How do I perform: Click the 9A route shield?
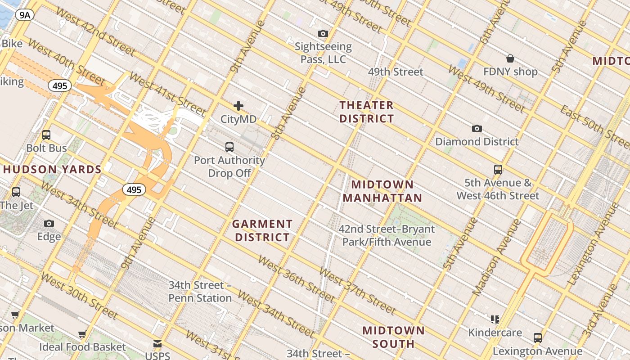pos(25,15)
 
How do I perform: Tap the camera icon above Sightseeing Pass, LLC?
pos(323,33)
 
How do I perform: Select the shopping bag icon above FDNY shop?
pos(510,58)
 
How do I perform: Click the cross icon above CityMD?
pos(238,106)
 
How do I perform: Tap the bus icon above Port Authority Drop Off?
pos(229,147)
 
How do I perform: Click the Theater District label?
pos(366,112)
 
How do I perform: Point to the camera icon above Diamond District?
pos(477,129)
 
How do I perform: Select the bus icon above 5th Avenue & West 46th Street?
pos(498,170)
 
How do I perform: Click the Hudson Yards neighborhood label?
pos(52,170)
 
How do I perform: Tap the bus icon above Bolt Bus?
pos(46,135)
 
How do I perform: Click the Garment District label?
pos(262,230)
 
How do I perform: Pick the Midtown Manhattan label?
pos(382,191)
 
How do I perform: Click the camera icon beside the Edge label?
pos(49,224)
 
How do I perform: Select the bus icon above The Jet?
pos(16,192)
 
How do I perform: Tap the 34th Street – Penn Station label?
pos(200,292)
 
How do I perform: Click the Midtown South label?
pos(393,337)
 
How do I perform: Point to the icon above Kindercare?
pos(495,319)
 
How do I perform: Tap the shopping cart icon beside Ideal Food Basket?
pos(82,334)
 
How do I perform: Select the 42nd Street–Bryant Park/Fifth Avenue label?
pos(387,235)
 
